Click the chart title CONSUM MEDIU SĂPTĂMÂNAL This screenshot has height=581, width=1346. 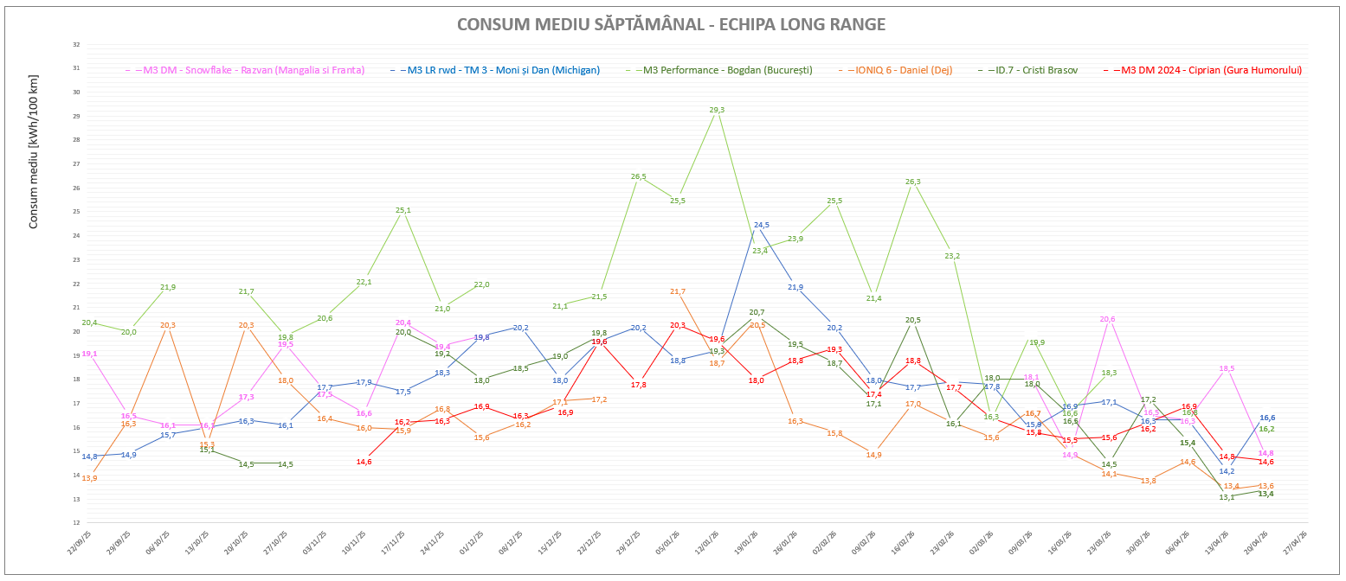[x=671, y=24]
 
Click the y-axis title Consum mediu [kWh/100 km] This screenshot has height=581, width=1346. [x=34, y=152]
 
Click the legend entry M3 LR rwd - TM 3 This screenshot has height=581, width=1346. [x=503, y=70]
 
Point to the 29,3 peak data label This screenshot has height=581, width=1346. [x=717, y=110]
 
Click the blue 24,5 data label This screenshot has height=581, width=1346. [x=762, y=225]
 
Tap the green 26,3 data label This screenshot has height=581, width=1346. [x=912, y=182]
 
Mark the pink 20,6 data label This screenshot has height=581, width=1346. [x=1107, y=319]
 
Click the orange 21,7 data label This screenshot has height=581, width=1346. [x=678, y=291]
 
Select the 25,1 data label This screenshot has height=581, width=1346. [x=403, y=210]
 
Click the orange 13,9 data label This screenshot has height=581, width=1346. [x=89, y=478]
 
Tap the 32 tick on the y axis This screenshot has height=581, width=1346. [x=76, y=44]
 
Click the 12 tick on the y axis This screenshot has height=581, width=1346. [x=76, y=523]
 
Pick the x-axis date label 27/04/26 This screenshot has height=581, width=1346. [x=1297, y=544]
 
